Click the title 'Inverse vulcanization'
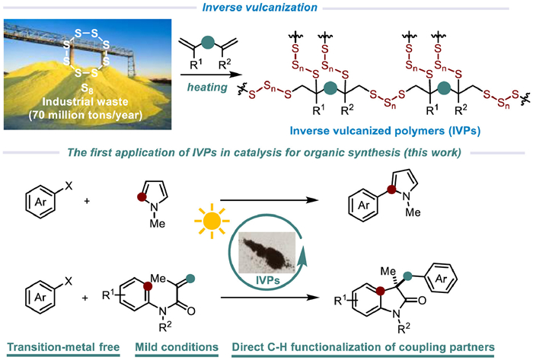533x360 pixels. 266,8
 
